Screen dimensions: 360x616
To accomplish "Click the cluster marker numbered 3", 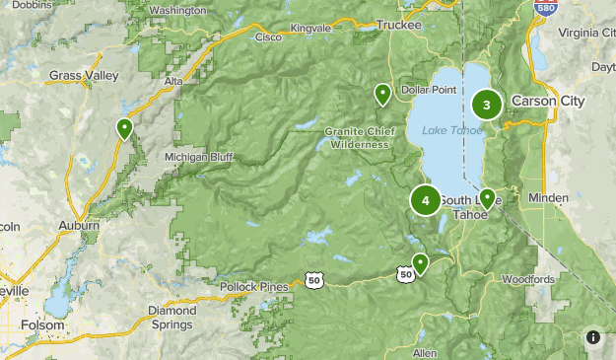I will pos(486,105).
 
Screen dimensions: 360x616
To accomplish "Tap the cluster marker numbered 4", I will pos(426,200).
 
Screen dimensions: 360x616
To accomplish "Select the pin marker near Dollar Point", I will pos(382,95).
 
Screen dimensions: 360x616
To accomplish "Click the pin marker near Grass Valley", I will pos(124,128).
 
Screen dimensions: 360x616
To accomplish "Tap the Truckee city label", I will pos(399,25).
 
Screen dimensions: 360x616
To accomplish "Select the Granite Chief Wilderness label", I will pos(361,137).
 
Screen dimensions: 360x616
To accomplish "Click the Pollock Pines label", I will pos(253,287).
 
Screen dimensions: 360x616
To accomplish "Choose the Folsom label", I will pos(42,324).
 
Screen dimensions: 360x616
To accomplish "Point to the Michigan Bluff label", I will pos(199,157).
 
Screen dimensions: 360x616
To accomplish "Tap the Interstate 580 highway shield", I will pos(543,7).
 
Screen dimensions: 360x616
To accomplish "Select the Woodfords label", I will pos(527,280).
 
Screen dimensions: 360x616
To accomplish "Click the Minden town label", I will pos(548,198).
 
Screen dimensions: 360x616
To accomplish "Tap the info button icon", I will pos(593,337).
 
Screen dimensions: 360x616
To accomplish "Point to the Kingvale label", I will pos(311,29).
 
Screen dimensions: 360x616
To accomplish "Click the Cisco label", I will pos(267,36).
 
